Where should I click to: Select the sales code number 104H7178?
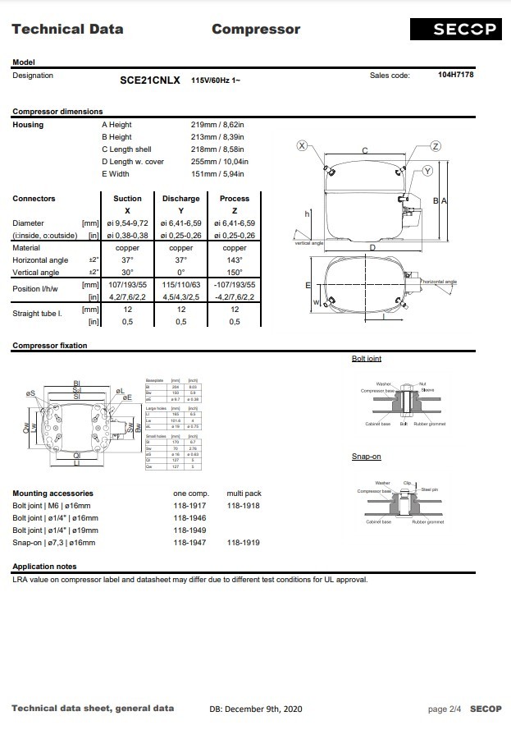455,75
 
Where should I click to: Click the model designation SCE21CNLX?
150,80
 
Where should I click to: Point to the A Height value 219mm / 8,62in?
217,125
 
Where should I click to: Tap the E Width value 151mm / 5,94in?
217,174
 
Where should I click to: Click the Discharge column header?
180,199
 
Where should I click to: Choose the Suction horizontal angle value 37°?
127,260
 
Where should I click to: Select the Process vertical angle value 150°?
235,273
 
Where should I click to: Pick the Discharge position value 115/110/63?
180,285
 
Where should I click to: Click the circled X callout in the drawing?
302,145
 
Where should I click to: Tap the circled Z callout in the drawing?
436,145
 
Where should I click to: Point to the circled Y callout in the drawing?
427,171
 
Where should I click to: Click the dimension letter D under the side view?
372,247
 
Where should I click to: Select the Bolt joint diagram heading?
366,359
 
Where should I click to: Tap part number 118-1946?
189,518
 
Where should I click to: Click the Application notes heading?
44,567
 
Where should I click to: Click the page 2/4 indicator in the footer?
445,709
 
